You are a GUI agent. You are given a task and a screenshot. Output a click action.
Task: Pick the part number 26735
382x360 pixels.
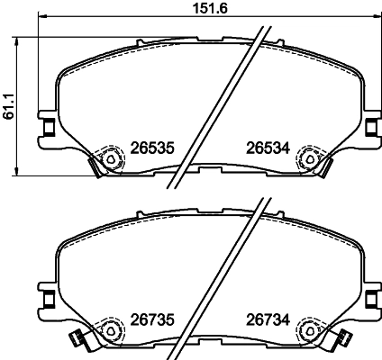point(150,318)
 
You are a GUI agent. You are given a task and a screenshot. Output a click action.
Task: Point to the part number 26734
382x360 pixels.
point(267,318)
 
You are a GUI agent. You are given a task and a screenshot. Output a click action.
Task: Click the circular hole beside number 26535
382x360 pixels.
point(111,158)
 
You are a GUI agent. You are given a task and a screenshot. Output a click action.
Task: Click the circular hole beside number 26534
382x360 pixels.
point(309,158)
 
